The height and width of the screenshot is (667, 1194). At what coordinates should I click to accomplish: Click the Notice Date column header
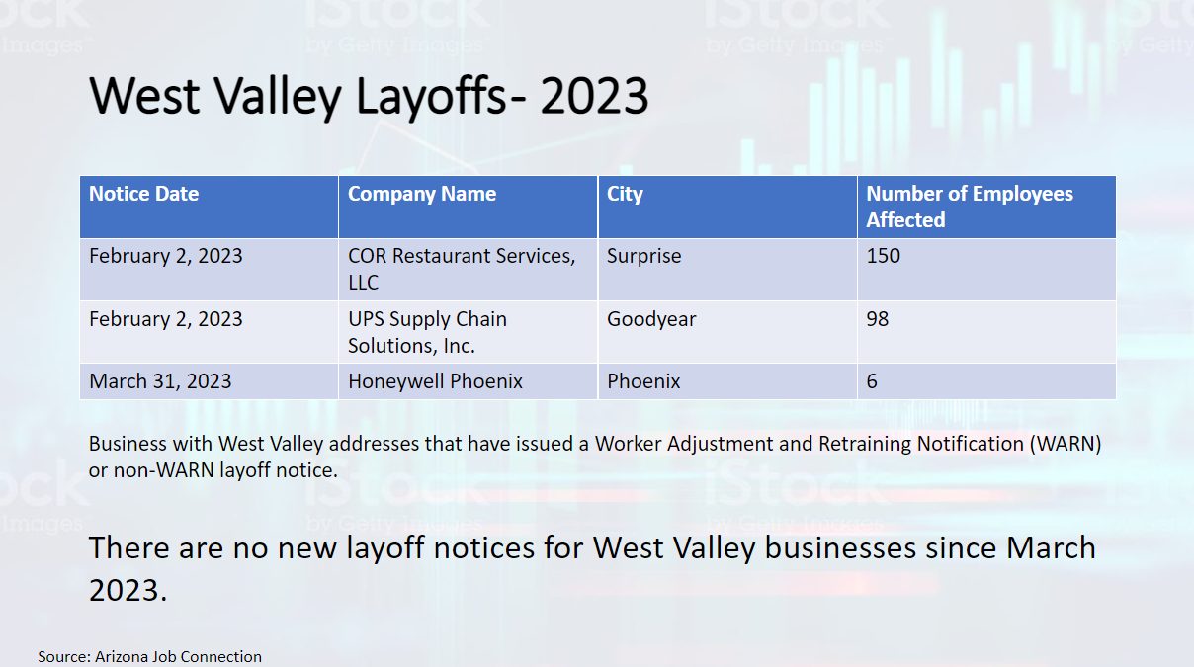(x=143, y=194)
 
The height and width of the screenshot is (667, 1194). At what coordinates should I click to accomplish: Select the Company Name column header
(x=422, y=194)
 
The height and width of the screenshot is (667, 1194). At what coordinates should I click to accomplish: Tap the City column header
(x=625, y=195)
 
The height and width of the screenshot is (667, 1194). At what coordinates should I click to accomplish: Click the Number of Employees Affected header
(x=969, y=207)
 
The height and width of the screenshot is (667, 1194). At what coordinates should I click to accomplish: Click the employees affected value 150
(x=884, y=256)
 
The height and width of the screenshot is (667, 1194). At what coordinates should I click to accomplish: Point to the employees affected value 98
(x=878, y=318)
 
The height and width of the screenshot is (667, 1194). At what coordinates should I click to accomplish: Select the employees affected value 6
(x=872, y=381)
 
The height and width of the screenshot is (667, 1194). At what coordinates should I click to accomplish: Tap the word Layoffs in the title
(x=430, y=96)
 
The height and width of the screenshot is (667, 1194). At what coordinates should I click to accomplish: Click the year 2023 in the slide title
(x=594, y=96)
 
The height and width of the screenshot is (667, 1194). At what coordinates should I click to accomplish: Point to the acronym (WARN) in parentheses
(x=1065, y=444)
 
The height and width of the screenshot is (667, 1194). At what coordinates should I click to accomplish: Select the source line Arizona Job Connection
(x=150, y=656)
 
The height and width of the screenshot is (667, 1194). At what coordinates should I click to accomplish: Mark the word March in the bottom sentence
(x=1051, y=547)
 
